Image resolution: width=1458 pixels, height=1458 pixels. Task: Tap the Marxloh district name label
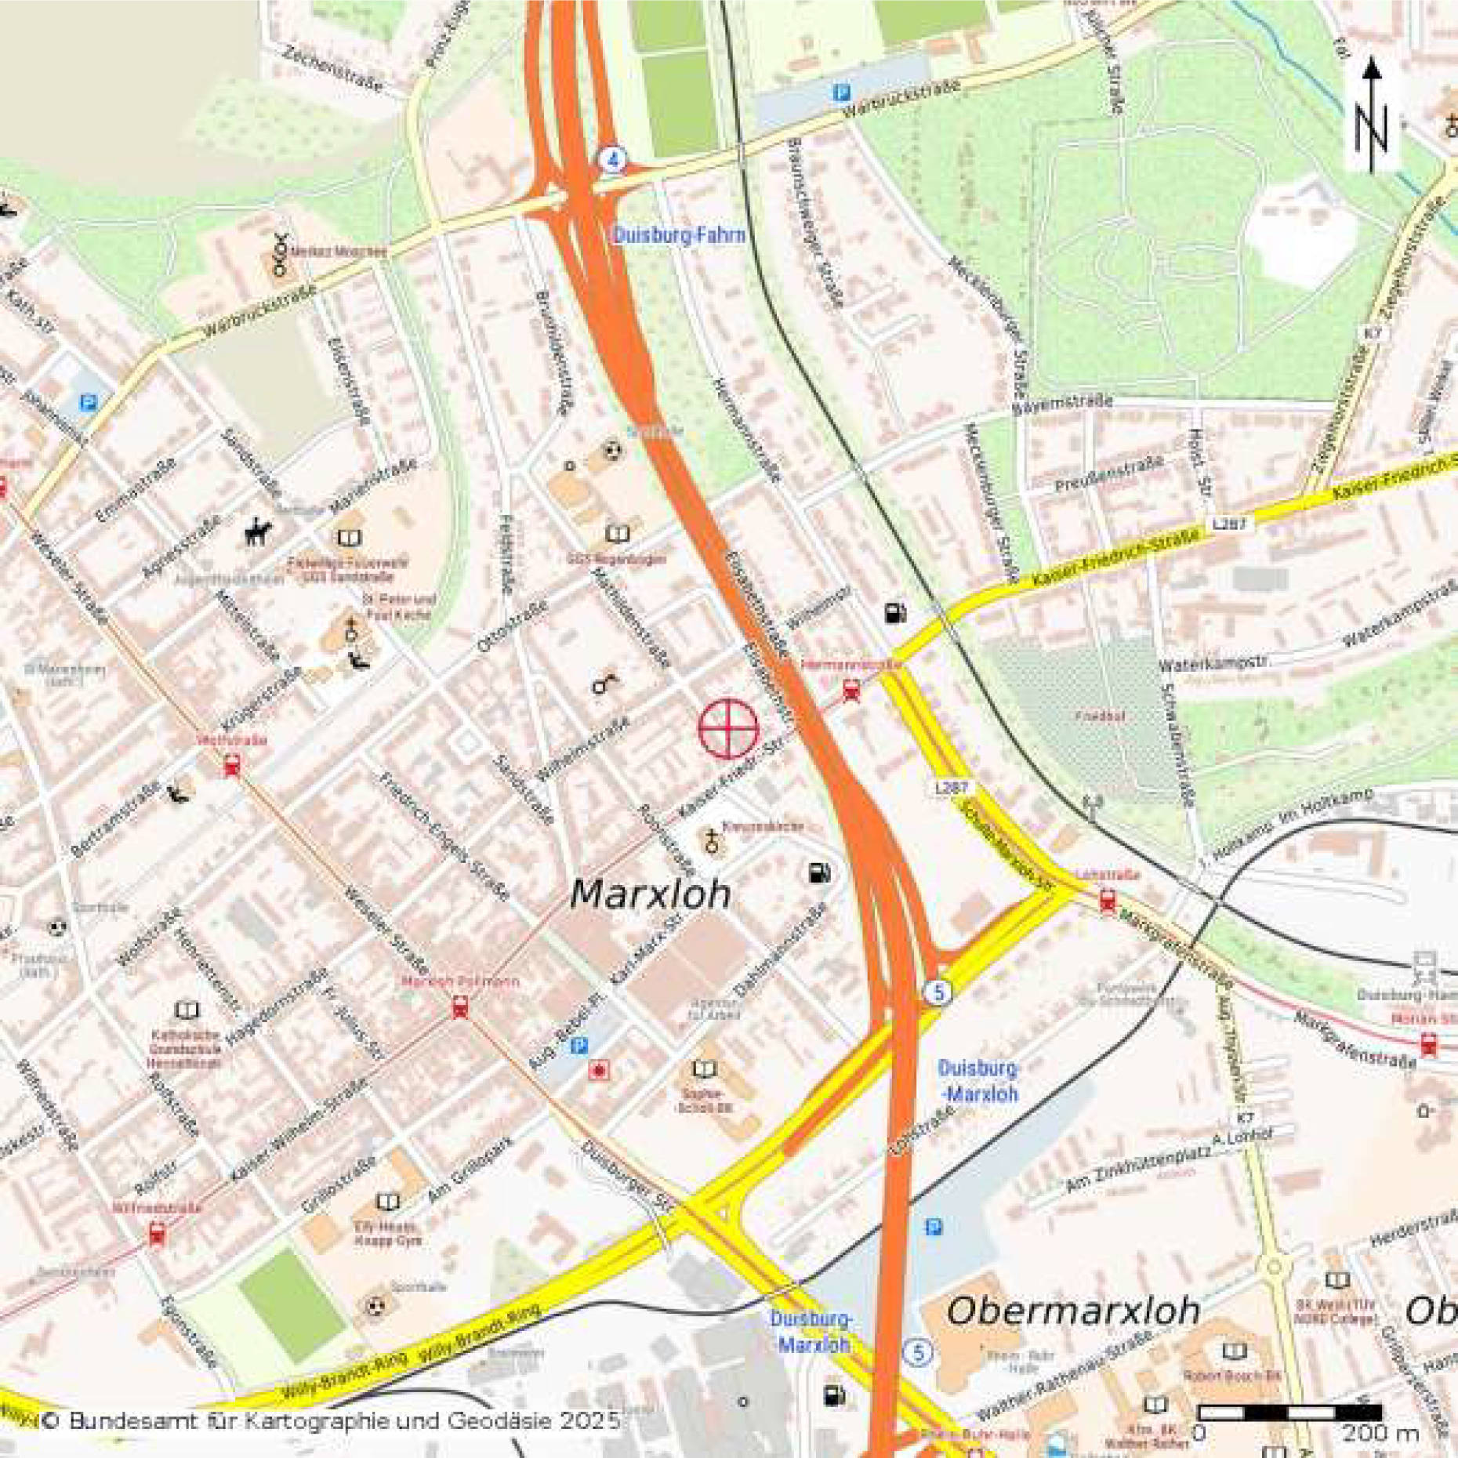tap(650, 894)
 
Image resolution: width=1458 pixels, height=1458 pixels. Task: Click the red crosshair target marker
tap(728, 729)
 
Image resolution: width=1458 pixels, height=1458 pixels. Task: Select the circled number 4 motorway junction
tap(613, 159)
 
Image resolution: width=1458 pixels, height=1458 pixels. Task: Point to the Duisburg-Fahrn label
tap(679, 235)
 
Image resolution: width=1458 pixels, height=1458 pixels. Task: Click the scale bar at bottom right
tap(1290, 1413)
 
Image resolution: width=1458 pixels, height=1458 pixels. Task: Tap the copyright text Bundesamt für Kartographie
tap(329, 1420)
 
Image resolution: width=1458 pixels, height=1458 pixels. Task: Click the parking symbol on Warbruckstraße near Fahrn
tap(841, 93)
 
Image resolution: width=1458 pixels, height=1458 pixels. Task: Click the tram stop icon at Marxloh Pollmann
tap(460, 1007)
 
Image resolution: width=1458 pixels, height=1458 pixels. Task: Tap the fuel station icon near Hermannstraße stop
tap(895, 612)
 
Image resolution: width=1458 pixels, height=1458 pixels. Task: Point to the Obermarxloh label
tap(1072, 1311)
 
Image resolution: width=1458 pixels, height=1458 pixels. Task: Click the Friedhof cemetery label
tap(1100, 716)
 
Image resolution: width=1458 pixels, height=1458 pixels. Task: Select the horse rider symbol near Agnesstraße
tap(258, 533)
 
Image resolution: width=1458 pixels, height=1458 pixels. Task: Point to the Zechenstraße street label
tap(333, 69)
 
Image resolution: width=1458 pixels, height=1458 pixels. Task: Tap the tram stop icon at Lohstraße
tap(1107, 901)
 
